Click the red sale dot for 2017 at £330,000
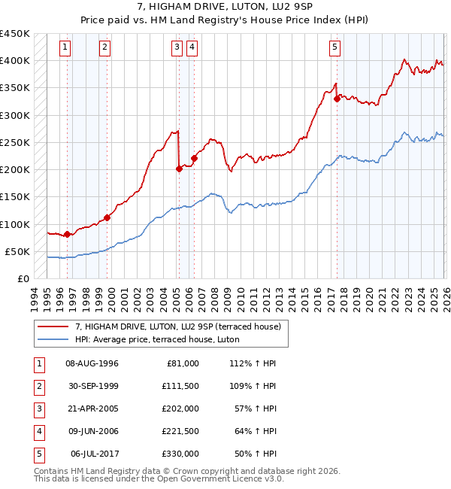point(337,99)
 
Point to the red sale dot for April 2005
point(179,169)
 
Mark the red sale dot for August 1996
point(68,235)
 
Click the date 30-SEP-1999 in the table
point(92,385)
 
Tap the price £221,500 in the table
point(180,431)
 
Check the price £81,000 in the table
point(183,363)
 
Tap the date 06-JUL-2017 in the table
point(92,454)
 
